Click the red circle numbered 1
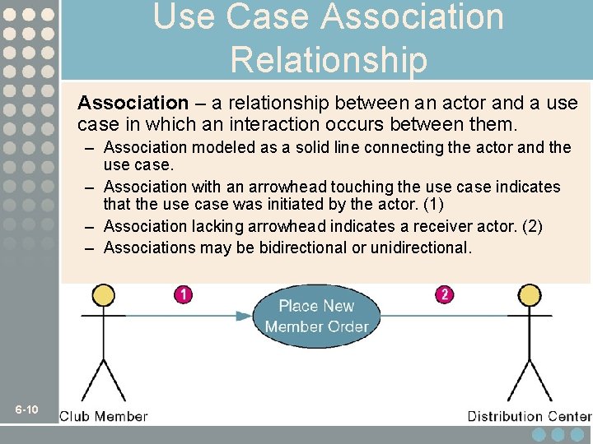coord(183,294)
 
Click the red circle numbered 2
coord(444,294)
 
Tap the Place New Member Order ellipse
coord(316,316)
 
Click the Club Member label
coord(104,416)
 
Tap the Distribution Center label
coord(530,416)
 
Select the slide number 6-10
coord(27,409)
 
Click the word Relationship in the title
coord(329,60)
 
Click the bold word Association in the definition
coord(133,103)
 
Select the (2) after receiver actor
coord(532,226)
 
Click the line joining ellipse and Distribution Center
coord(445,315)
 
